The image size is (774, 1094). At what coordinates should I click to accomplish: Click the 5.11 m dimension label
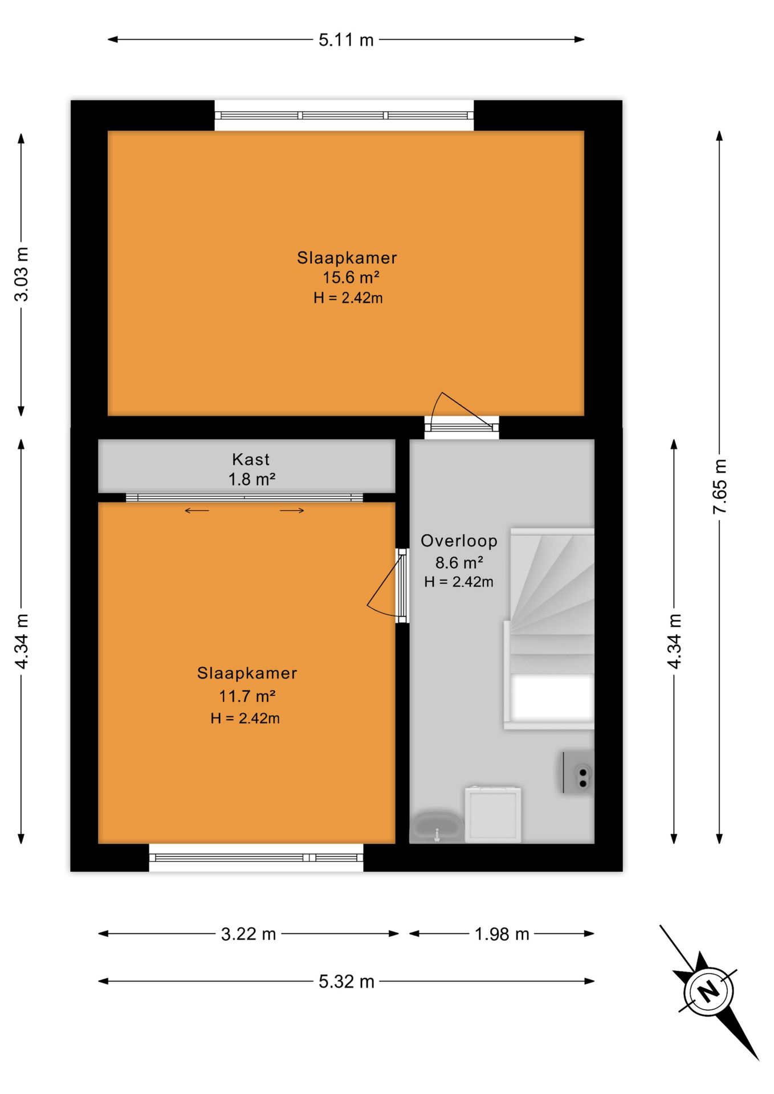[x=346, y=40]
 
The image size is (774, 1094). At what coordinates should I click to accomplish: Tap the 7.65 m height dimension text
[x=720, y=486]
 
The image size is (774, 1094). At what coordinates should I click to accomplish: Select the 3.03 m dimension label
[x=22, y=274]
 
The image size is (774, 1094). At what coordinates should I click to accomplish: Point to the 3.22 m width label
[x=249, y=934]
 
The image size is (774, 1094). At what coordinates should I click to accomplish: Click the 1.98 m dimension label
[x=502, y=934]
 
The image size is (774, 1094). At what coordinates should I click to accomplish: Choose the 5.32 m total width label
[x=347, y=981]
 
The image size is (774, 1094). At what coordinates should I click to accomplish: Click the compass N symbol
[x=709, y=992]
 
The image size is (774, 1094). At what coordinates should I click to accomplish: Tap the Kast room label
[x=251, y=459]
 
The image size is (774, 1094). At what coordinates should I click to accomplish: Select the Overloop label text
[x=459, y=541]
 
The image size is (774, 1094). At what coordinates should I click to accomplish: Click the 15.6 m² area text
[x=351, y=277]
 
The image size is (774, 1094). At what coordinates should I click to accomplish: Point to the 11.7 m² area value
[x=247, y=696]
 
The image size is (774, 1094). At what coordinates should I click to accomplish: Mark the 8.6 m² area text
[x=459, y=562]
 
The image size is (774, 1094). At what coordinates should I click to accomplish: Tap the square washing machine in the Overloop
[x=493, y=814]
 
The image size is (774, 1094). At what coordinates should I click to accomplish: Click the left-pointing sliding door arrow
[x=197, y=511]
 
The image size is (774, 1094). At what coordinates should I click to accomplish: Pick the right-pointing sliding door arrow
[x=292, y=511]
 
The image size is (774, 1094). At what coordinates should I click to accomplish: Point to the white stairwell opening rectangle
[x=552, y=697]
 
